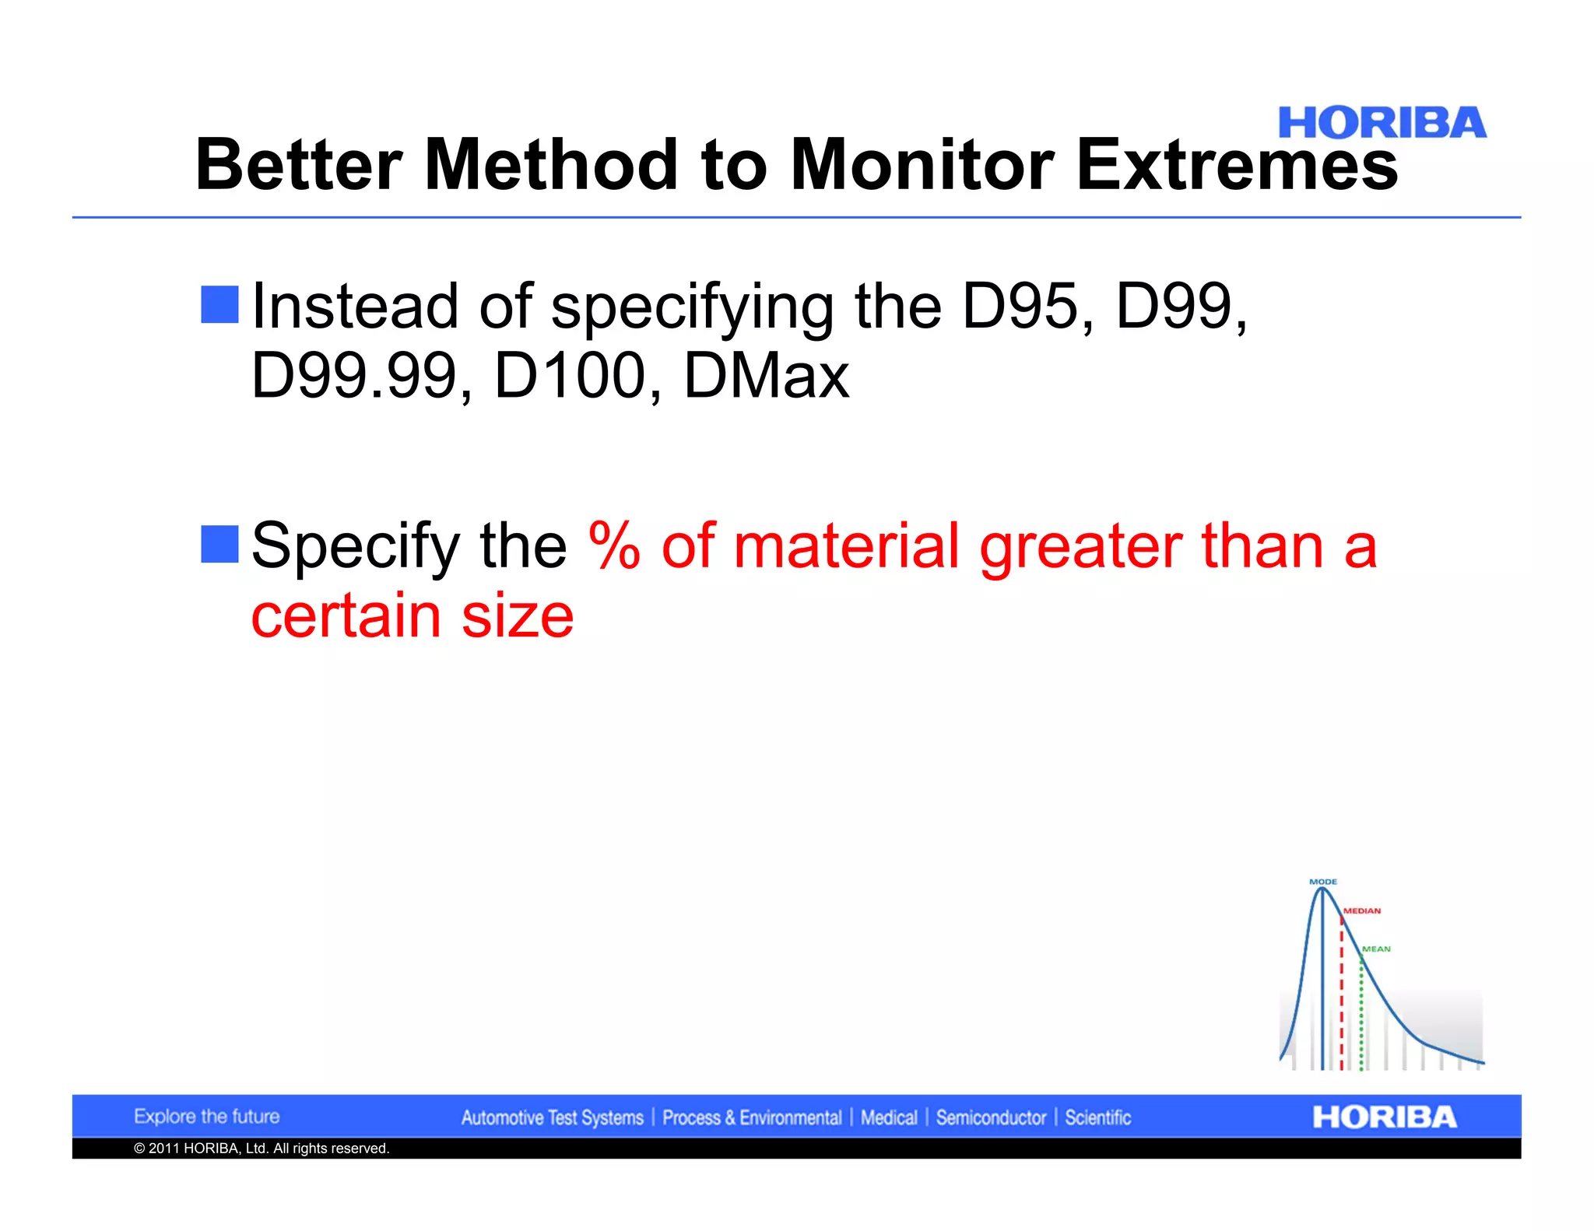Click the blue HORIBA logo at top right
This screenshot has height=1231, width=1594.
(x=1382, y=124)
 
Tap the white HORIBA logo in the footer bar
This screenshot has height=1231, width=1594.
(x=1384, y=1117)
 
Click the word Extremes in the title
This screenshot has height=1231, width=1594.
(x=1237, y=165)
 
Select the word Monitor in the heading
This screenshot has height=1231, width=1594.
(x=922, y=165)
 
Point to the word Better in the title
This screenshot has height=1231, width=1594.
(x=298, y=165)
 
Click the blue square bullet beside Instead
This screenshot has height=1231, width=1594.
(x=219, y=304)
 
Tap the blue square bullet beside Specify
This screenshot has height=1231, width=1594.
(x=219, y=544)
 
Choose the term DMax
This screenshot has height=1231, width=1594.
(x=766, y=377)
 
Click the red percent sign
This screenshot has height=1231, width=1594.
(x=615, y=545)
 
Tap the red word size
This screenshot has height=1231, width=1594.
(x=518, y=615)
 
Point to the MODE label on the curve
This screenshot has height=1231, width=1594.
(x=1323, y=882)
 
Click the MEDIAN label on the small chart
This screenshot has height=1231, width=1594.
(x=1362, y=910)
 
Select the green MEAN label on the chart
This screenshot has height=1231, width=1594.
(x=1376, y=949)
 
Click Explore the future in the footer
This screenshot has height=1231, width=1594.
(x=206, y=1117)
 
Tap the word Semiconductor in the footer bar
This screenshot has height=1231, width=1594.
(x=991, y=1118)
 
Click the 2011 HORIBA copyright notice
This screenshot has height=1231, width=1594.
(x=262, y=1149)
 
